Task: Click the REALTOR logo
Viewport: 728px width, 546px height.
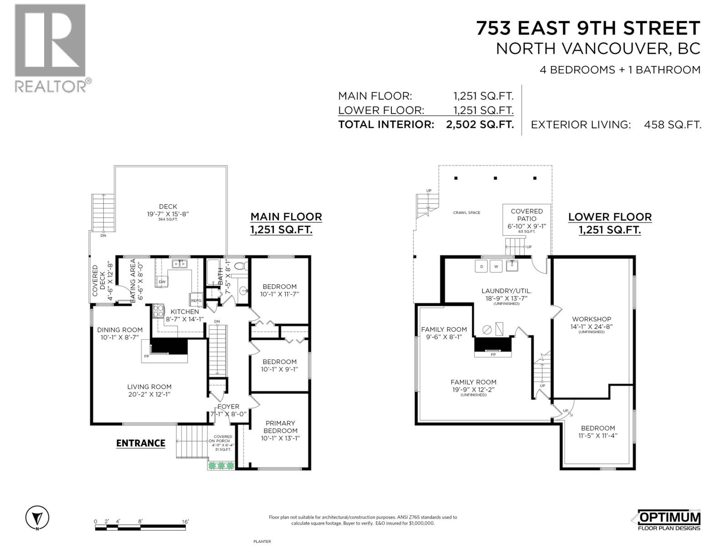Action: [50, 48]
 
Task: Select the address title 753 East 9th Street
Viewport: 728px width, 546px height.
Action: [588, 28]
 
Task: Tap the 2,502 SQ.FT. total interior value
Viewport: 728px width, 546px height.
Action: [480, 125]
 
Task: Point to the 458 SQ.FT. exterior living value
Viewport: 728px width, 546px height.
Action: [672, 125]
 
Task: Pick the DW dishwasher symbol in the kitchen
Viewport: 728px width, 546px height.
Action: [162, 282]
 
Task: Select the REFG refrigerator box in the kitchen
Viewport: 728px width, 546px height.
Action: [196, 300]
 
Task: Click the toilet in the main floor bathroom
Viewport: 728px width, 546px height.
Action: [242, 265]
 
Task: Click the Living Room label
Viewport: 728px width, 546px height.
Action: [149, 387]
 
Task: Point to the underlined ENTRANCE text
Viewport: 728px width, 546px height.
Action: [141, 443]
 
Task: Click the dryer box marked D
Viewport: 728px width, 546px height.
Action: [481, 266]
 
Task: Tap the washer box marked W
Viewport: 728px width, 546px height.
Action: [496, 266]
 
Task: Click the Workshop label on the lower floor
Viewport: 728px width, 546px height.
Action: [591, 319]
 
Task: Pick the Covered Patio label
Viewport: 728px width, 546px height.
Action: [526, 215]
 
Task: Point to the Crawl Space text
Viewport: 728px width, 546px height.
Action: [466, 212]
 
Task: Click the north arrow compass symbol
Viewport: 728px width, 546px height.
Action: [37, 518]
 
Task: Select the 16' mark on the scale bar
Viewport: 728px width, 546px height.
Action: [185, 521]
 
